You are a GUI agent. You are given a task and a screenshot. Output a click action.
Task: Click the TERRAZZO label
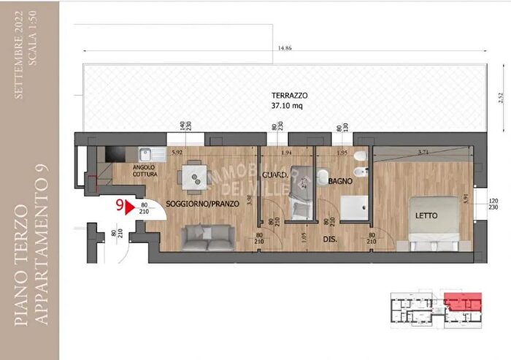[x=290, y=96]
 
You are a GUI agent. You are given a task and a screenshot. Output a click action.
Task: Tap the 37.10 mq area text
[x=290, y=106]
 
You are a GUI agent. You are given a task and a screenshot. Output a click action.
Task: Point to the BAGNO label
[x=341, y=180]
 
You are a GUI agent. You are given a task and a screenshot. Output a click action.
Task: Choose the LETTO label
[x=427, y=216]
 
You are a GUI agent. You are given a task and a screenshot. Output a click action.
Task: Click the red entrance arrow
[x=132, y=208]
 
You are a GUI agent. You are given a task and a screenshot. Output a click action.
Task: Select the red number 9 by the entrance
[x=118, y=207]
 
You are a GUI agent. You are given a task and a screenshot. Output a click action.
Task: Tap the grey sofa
[x=208, y=234]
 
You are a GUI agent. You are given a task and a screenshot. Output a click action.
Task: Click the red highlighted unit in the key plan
[x=464, y=301]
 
